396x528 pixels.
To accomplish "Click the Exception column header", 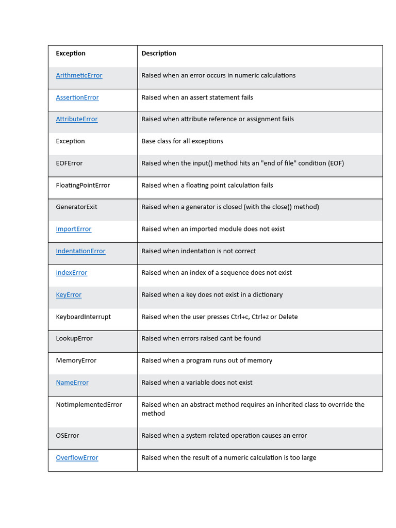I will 71,54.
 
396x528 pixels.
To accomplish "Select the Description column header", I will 159,54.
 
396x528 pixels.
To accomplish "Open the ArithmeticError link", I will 79,75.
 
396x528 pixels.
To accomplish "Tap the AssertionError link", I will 77,97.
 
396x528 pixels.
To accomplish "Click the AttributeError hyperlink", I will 76,119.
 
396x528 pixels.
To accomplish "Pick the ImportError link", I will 73,229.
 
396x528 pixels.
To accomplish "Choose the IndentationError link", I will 80,251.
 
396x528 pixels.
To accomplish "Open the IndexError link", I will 71,273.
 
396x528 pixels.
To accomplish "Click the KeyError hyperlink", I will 69,295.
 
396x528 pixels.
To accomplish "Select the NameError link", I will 72,383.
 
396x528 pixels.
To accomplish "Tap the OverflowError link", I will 77,458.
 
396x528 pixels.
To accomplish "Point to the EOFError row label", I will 69,163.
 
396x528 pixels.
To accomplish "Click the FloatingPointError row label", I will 82,185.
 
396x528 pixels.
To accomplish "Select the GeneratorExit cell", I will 76,207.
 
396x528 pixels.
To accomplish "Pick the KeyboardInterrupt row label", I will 83,317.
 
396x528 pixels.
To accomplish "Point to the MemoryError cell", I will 76,361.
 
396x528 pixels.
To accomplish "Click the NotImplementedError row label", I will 89,405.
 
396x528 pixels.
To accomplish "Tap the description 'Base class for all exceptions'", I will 182,141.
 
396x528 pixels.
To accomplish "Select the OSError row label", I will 68,436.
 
